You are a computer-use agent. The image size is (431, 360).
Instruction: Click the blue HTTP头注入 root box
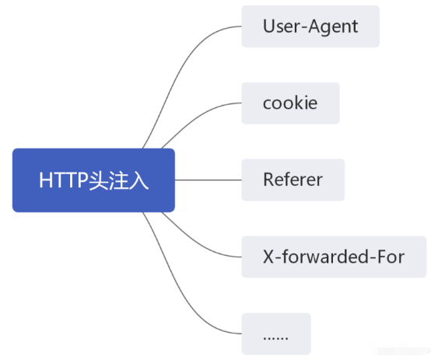tap(93, 180)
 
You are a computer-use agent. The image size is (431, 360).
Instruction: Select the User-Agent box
tap(310, 26)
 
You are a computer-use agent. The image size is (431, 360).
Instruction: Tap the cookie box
tap(290, 103)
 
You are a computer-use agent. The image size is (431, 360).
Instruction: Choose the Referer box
tap(293, 180)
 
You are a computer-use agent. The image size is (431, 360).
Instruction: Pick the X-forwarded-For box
tap(334, 257)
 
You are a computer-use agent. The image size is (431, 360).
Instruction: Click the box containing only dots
tap(276, 334)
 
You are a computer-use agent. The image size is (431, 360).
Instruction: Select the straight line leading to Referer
tap(208, 180)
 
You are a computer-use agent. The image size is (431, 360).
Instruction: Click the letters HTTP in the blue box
tap(64, 180)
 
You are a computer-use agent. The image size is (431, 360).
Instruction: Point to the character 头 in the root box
tap(98, 180)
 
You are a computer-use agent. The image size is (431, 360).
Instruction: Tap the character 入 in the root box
tap(138, 180)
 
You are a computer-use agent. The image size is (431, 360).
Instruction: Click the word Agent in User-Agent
tap(333, 27)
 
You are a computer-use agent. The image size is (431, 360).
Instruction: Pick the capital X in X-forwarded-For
tap(268, 257)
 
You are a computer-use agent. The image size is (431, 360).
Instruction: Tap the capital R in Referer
tap(269, 180)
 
